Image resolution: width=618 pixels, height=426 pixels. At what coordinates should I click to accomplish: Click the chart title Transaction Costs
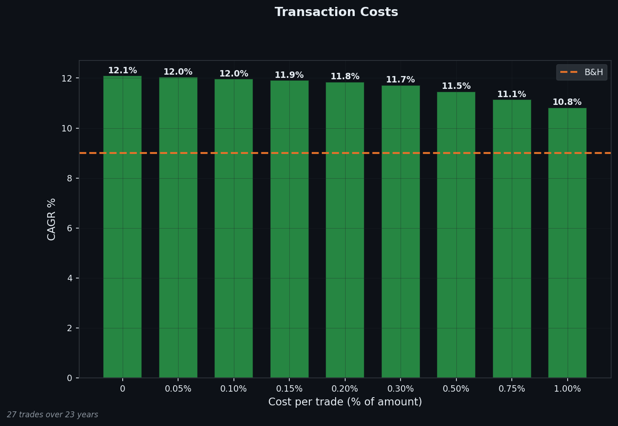coord(336,12)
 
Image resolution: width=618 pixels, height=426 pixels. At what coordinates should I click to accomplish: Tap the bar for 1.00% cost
coord(567,243)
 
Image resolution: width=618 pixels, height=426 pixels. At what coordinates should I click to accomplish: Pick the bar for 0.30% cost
coord(401,231)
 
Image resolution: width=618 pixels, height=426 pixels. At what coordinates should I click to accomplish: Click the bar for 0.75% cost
coord(512,238)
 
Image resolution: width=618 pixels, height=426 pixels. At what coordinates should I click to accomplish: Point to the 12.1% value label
coord(122,71)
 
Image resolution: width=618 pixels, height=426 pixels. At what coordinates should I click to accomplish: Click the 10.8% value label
coord(567,102)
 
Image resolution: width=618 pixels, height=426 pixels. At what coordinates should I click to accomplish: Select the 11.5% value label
coord(456,86)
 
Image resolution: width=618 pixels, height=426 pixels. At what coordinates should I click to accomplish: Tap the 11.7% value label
coord(401,80)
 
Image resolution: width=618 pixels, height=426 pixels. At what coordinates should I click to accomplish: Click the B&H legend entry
coord(582,72)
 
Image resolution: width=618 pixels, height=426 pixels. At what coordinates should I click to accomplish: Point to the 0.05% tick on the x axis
coord(178,389)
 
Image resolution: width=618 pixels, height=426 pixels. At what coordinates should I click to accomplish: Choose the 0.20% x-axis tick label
coord(345,389)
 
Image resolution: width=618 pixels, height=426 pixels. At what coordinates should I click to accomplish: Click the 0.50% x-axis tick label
coord(456,389)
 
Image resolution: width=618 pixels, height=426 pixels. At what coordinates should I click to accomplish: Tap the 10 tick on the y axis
coord(67,128)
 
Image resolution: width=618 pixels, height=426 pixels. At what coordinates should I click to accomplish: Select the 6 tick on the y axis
coord(70,228)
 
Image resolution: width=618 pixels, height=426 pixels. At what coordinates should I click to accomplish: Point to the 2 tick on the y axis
coord(70,328)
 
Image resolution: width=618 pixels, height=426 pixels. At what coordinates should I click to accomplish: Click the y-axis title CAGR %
coord(52,219)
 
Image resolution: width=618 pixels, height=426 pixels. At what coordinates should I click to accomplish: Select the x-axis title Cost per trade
coord(345,402)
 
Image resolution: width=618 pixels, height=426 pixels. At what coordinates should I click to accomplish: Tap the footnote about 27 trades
coord(53,415)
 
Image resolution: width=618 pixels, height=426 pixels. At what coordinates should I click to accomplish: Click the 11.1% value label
coord(512,94)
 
